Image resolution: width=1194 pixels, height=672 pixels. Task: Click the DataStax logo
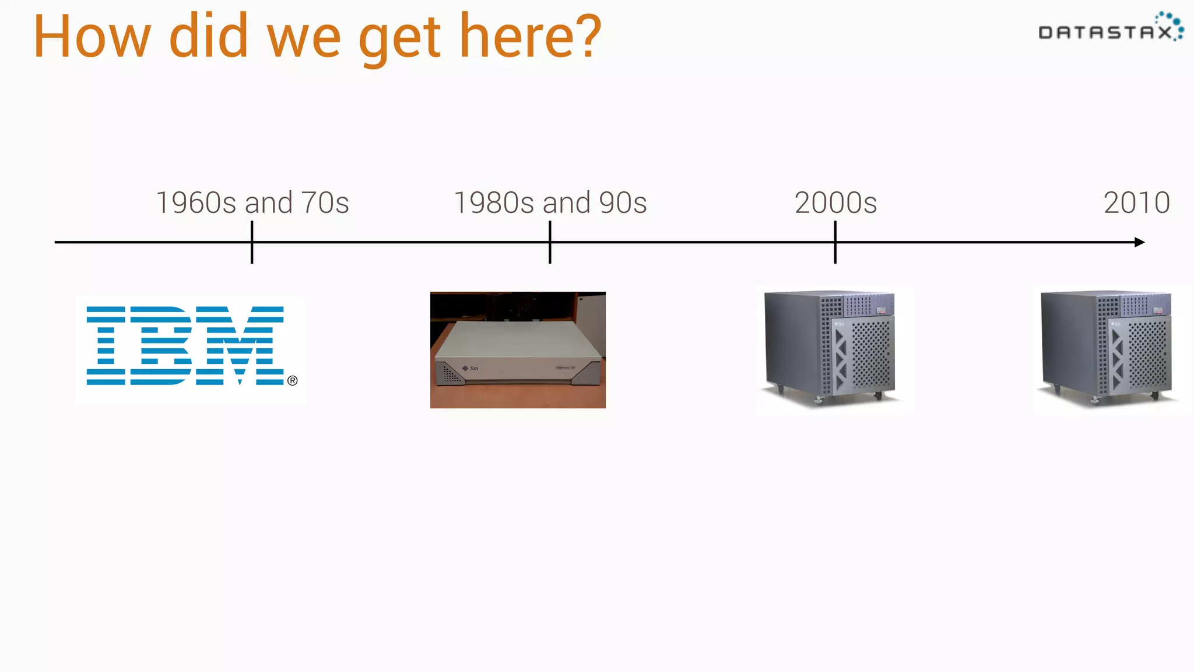click(x=1110, y=28)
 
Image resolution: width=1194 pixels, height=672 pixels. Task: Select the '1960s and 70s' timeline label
click(x=252, y=203)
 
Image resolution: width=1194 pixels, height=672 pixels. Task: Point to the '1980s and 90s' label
click(x=550, y=203)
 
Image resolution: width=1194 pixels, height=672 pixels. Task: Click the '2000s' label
click(x=835, y=203)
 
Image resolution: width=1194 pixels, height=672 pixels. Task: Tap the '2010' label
click(x=1136, y=203)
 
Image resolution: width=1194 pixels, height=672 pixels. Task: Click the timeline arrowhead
click(x=1140, y=242)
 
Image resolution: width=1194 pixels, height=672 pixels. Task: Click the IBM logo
click(x=185, y=345)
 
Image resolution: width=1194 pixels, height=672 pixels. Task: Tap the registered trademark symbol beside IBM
click(x=293, y=380)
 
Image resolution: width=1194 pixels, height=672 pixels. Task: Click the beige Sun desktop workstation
click(x=518, y=350)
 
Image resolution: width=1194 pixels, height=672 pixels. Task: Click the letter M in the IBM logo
click(x=240, y=345)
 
